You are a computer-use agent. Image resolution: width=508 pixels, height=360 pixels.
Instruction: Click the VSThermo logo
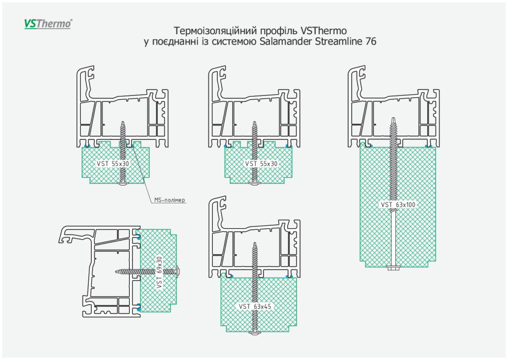[48, 23]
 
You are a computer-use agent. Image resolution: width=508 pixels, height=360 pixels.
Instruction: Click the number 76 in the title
[371, 42]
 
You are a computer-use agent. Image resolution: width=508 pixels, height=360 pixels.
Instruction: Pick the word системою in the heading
[234, 42]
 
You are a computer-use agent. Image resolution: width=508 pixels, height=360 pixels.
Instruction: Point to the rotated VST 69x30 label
[159, 272]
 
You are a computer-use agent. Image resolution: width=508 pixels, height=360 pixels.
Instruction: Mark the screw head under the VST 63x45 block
[255, 336]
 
